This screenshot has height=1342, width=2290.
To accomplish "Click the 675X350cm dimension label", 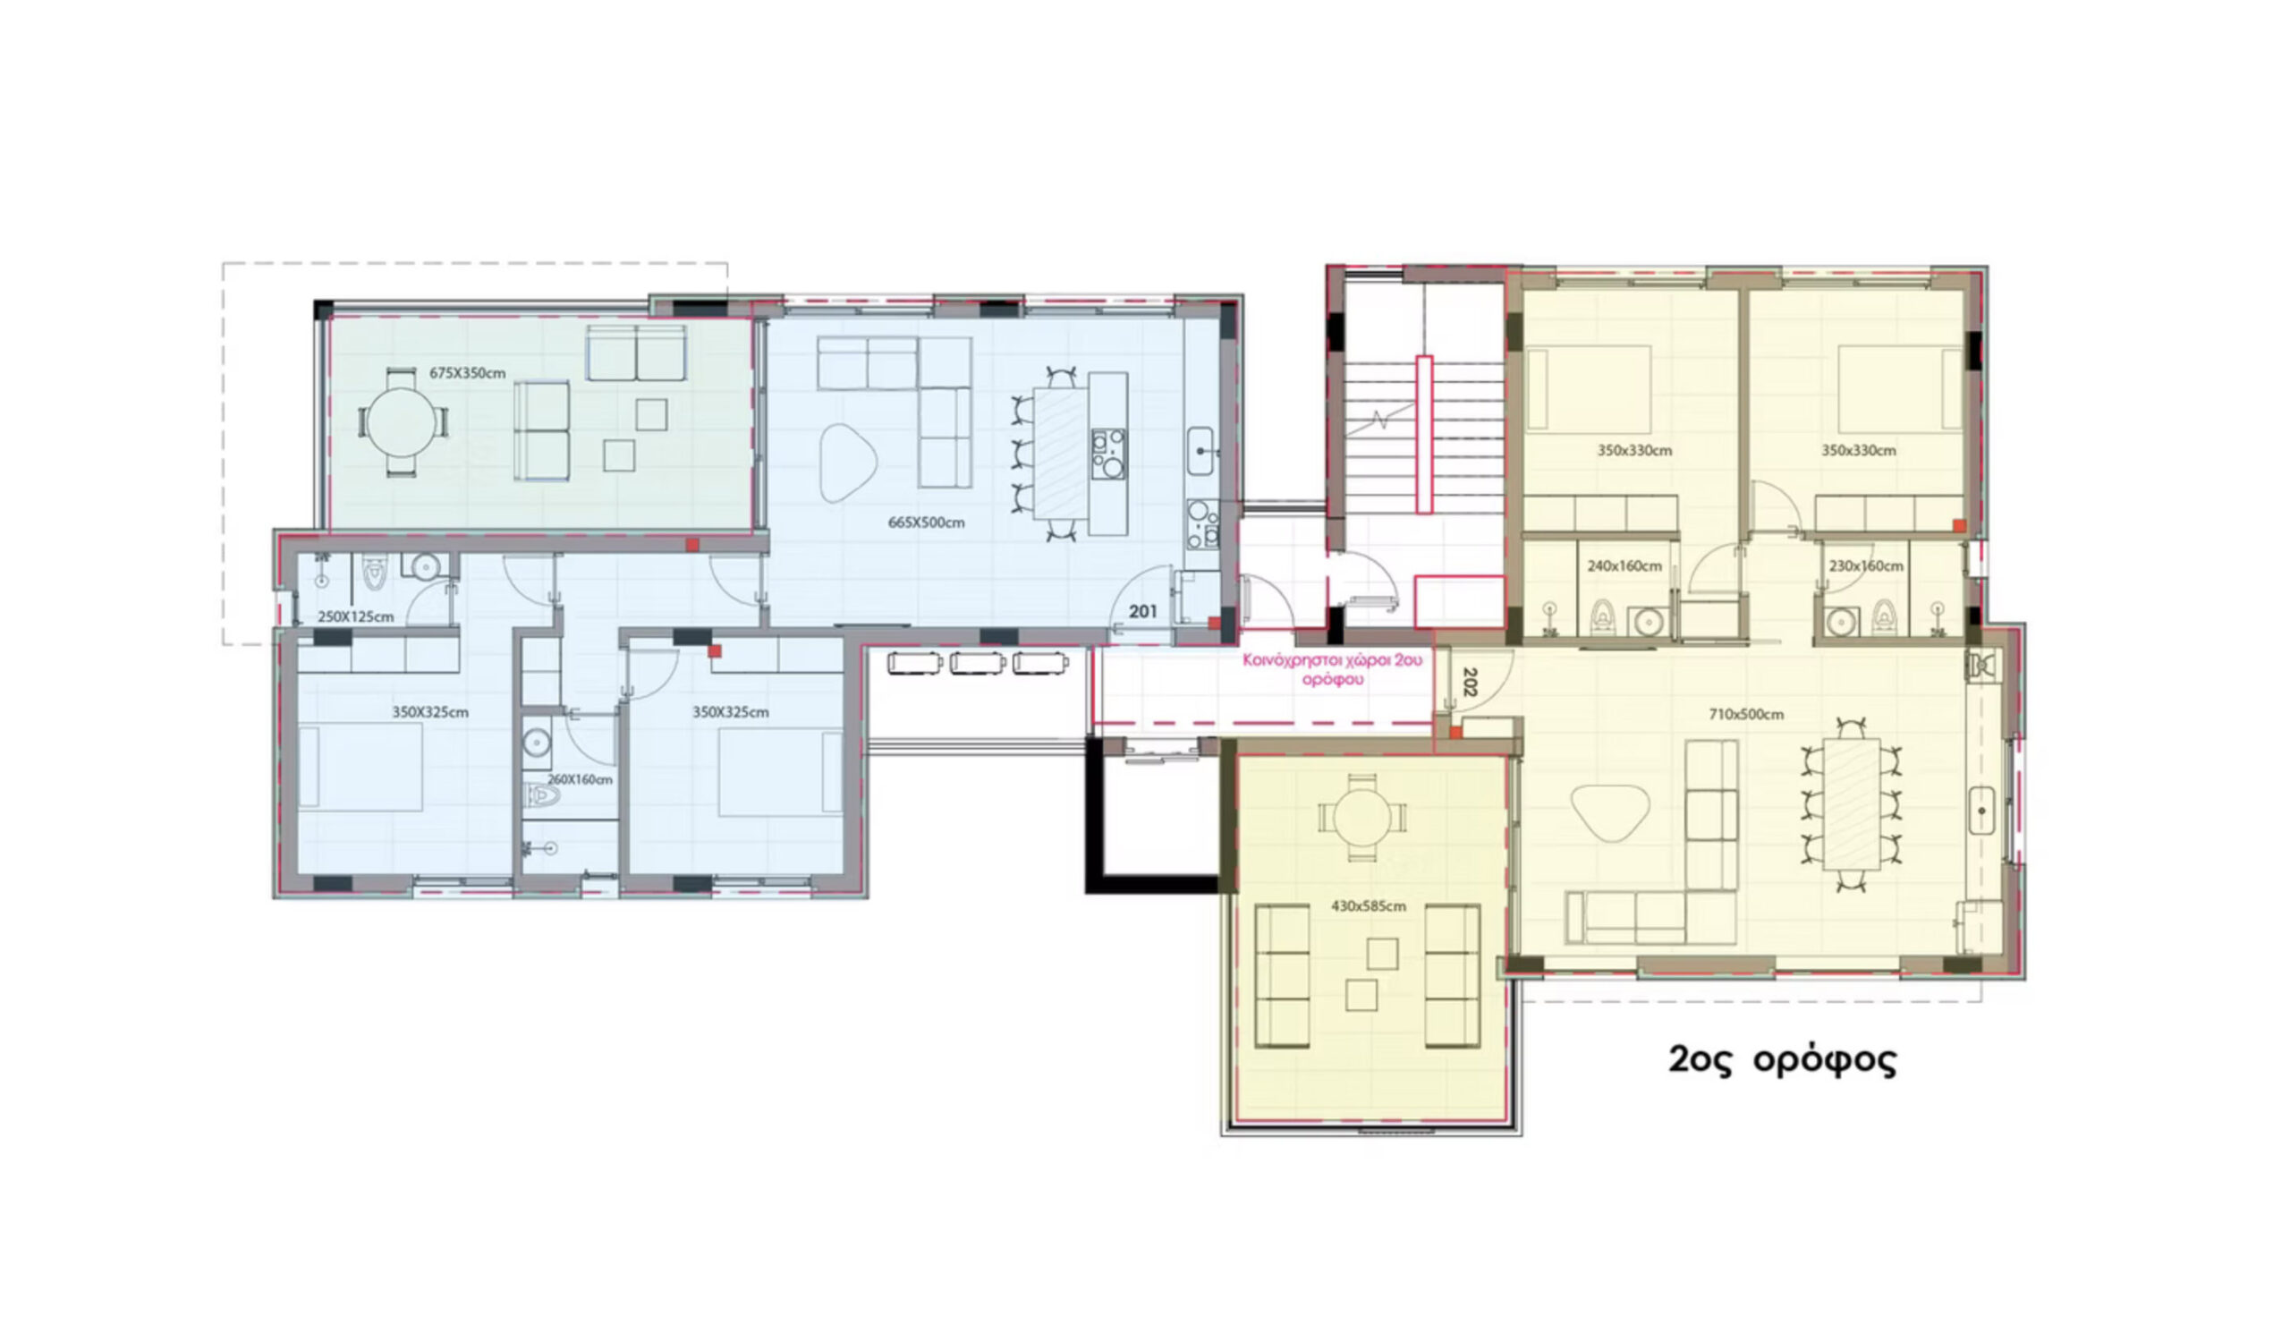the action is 467,373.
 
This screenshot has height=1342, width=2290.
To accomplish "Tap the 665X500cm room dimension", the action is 926,522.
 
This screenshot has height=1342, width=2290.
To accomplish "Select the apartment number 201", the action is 1142,611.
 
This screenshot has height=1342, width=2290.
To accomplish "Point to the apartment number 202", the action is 1471,682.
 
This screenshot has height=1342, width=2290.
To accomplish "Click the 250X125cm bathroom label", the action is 355,617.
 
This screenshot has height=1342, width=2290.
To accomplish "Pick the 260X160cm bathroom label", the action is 580,779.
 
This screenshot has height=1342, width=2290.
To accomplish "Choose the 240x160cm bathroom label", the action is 1624,566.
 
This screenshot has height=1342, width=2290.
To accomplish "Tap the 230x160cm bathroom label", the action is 1866,566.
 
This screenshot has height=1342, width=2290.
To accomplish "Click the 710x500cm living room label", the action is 1745,714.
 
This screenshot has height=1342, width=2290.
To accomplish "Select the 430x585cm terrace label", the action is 1369,906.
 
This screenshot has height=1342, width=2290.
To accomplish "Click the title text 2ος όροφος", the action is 1782,1060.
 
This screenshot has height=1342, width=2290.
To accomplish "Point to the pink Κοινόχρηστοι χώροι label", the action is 1332,669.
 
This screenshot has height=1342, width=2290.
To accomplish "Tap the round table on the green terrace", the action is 402,422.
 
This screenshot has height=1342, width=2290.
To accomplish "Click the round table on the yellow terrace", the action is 1361,817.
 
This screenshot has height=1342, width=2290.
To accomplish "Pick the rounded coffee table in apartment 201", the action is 847,463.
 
